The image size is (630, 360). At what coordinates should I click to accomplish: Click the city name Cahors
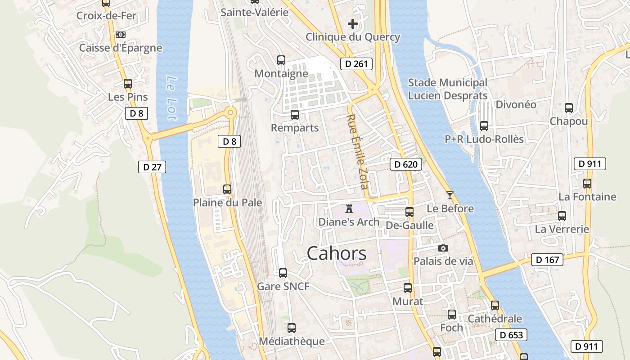tap(337, 254)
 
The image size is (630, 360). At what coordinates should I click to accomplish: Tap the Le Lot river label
tap(172, 98)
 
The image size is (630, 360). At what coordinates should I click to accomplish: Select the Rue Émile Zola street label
tap(357, 151)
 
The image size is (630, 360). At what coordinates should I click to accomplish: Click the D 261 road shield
tap(356, 64)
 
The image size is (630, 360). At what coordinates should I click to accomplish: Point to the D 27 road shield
tap(152, 167)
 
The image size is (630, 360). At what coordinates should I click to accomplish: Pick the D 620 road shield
tap(406, 164)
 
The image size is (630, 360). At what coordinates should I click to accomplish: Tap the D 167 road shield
tap(547, 260)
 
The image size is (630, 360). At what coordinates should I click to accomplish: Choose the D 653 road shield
tap(512, 335)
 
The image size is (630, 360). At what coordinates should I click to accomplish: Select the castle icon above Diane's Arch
tap(349, 208)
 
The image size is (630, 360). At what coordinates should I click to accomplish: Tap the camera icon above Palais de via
tap(443, 248)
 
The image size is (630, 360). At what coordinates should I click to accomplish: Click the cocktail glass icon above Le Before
tap(450, 195)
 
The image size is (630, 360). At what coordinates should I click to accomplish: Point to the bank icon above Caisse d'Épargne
tap(121, 35)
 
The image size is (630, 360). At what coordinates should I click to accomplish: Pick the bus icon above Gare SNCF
tap(283, 273)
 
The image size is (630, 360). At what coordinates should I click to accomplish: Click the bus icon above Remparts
tap(295, 114)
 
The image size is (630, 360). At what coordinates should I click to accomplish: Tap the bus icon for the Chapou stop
tap(569, 108)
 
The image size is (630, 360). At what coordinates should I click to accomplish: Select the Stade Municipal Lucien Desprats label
tap(447, 89)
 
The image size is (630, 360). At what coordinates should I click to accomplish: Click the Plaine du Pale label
tap(227, 202)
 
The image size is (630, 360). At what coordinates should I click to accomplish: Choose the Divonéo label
tap(516, 104)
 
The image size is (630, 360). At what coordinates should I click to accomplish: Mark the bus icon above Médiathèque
tap(292, 328)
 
